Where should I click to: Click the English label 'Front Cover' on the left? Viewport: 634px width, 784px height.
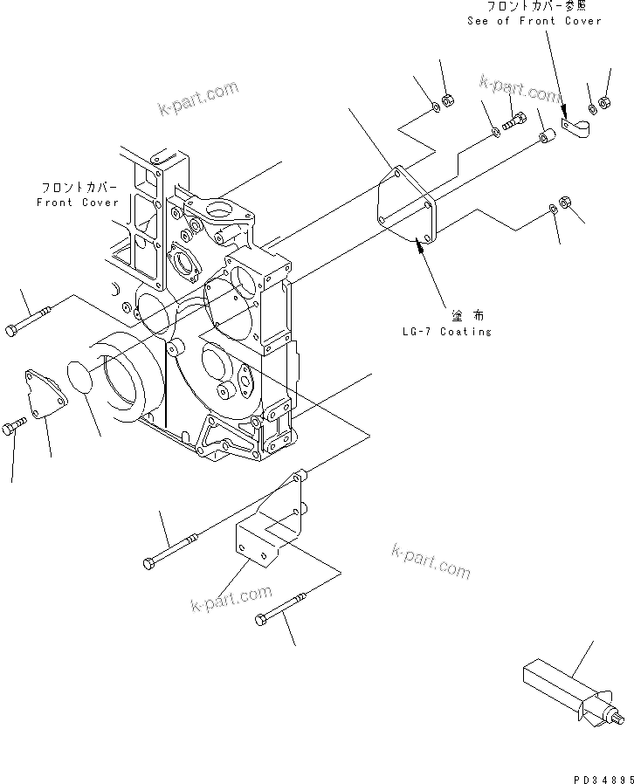tap(78, 202)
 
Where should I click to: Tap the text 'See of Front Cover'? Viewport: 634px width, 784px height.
tap(534, 20)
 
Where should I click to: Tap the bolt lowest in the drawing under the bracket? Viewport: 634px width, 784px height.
tap(282, 608)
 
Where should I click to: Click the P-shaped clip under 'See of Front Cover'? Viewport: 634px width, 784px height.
tap(577, 130)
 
